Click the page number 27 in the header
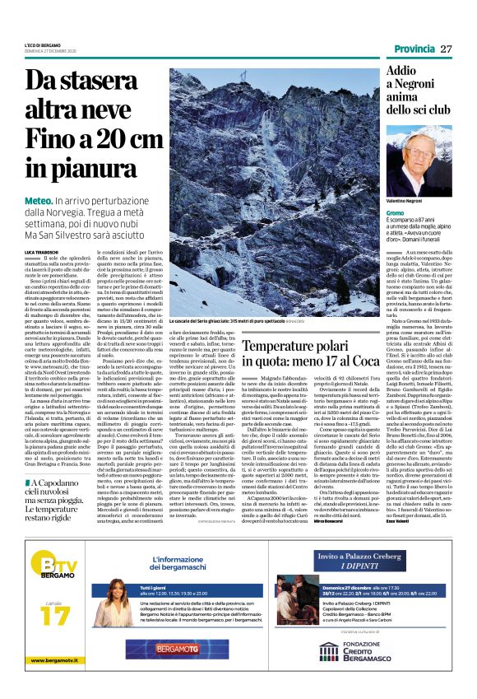445,49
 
